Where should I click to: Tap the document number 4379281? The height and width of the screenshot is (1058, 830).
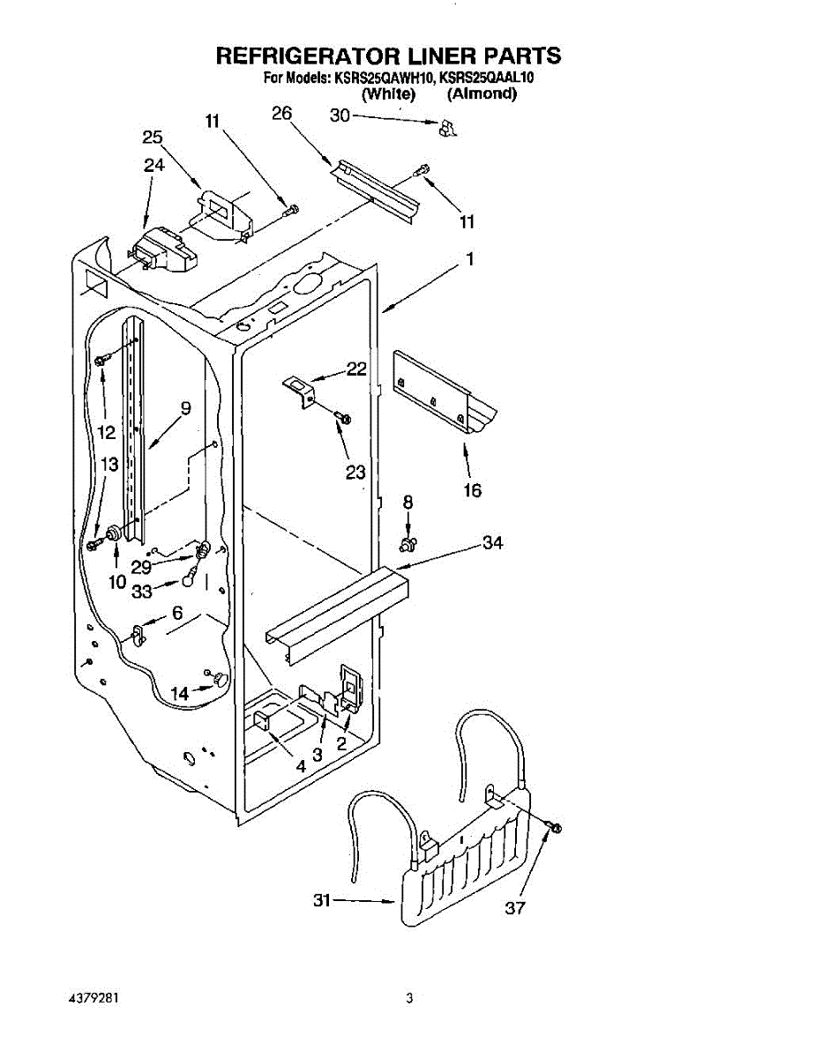(93, 999)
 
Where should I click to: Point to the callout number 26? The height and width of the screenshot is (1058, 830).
(282, 113)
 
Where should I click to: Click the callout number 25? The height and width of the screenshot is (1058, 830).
(153, 137)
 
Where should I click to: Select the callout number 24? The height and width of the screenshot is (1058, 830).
(153, 165)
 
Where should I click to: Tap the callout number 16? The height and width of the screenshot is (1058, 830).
(473, 490)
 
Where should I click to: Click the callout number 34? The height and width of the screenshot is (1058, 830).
(492, 543)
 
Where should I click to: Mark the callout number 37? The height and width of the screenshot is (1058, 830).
(514, 908)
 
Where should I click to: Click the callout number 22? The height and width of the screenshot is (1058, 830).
(355, 369)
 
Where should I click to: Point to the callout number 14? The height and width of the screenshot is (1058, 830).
(180, 694)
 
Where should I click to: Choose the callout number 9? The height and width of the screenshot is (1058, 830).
(185, 407)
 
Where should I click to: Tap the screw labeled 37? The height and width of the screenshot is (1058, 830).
(554, 827)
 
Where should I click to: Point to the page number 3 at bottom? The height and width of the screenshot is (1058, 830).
(409, 999)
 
